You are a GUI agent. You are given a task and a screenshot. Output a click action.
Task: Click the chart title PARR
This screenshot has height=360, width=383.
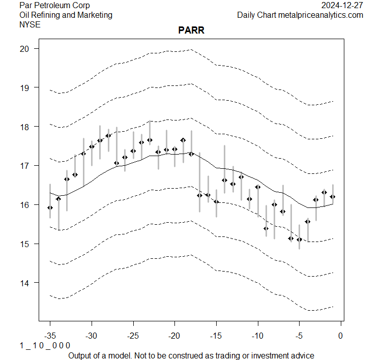pos(191,31)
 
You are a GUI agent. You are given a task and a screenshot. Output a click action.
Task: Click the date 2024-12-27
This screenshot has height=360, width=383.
pos(342,6)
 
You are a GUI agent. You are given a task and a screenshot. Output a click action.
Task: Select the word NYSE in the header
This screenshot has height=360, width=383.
pos(30,24)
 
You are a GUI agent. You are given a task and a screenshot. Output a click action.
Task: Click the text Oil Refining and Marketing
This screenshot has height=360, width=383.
pos(66,15)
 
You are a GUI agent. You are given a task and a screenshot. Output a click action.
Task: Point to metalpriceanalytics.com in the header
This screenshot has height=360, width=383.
pos(320,15)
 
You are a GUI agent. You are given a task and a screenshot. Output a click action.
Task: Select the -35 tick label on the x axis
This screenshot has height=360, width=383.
pos(50,336)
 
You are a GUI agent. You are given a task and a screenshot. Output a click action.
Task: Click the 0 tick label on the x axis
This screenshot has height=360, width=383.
pos(341,336)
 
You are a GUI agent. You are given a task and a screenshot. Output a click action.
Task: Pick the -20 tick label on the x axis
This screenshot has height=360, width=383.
pos(174,336)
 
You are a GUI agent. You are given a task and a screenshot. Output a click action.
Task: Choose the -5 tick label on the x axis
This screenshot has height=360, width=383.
pos(299,336)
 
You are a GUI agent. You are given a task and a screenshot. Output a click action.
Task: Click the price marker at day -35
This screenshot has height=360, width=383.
pos(50,207)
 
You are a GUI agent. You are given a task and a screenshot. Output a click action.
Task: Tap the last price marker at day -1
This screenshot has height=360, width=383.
pos(333,197)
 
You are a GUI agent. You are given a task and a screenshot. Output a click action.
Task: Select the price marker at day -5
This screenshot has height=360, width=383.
pos(299,239)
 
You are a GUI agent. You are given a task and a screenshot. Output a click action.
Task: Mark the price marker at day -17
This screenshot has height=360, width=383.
pos(199,195)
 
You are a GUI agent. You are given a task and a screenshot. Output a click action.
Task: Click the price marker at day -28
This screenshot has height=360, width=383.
pos(108,136)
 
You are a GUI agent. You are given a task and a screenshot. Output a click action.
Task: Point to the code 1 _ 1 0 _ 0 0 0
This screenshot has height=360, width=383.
pos(45,346)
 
